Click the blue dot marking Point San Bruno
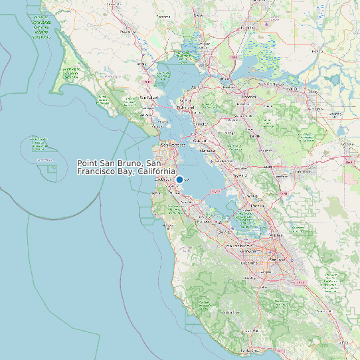(179, 179)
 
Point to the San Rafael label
(147, 97)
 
